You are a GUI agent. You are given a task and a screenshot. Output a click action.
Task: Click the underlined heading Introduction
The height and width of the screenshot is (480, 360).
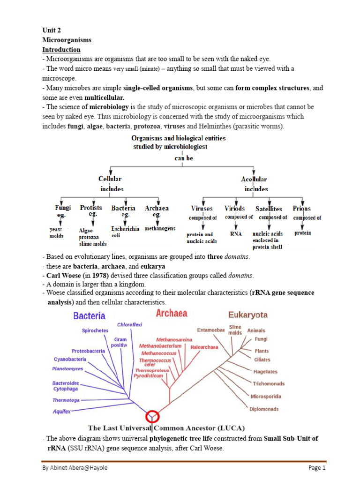point(61,49)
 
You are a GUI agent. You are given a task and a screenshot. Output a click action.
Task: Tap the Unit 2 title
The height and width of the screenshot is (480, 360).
point(52,30)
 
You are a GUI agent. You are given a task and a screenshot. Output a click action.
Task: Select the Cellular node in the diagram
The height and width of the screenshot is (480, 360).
point(110,179)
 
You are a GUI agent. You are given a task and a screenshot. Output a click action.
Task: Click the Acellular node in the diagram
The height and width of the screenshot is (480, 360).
point(254,179)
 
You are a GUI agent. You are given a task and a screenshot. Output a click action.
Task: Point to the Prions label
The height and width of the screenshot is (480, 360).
point(301,208)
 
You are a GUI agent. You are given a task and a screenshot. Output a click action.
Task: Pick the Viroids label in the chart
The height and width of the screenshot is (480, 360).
point(234,208)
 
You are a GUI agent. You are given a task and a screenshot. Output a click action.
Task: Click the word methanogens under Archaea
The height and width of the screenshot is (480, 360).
point(160,228)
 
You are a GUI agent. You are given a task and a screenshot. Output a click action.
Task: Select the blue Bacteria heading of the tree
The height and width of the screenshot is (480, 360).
point(89,315)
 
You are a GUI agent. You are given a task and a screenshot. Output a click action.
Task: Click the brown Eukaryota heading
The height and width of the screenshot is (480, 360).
point(247,315)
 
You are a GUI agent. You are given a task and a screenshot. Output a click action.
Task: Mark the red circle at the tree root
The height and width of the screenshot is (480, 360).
point(152,416)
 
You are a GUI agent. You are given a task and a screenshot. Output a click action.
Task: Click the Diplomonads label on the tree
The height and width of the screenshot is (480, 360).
point(264,409)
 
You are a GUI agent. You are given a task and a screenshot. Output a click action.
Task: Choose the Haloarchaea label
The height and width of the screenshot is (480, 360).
point(204,347)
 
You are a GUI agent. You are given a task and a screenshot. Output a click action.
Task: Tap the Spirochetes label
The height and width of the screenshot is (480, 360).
point(95,330)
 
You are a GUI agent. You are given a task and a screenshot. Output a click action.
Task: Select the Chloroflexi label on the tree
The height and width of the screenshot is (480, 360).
point(129,324)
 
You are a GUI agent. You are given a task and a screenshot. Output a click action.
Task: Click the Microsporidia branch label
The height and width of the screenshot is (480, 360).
point(266,396)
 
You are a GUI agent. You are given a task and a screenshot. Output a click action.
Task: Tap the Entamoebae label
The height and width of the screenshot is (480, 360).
point(211,330)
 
